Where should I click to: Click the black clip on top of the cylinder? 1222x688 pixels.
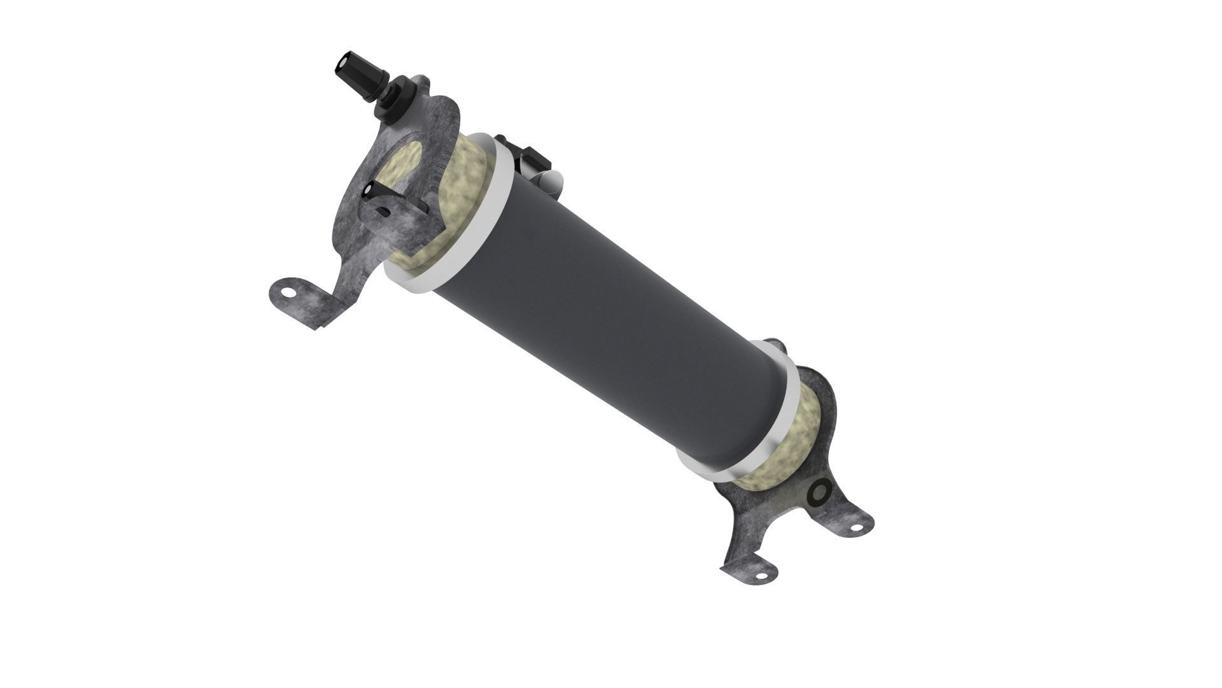(531, 159)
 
